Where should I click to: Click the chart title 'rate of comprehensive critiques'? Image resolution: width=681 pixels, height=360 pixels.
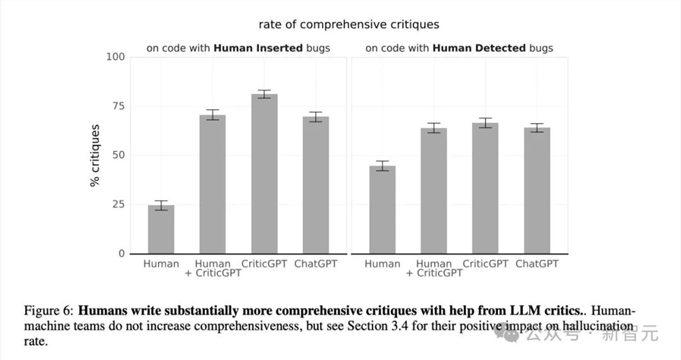pos(349,24)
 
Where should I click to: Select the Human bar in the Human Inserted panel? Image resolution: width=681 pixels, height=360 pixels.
pos(161,229)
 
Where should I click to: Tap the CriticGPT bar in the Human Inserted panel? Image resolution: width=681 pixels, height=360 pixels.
pos(264,174)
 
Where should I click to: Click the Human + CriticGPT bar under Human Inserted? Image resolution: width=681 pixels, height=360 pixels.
pos(212,184)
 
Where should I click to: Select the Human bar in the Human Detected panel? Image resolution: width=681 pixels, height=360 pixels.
pos(382,210)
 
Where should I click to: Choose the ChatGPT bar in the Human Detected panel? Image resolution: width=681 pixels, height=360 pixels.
pos(537,191)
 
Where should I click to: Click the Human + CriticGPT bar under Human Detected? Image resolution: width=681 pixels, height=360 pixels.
pos(434,191)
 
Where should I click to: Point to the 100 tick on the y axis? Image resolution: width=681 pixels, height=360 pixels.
pos(116,56)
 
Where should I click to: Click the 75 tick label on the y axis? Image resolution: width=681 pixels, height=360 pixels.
pos(118,106)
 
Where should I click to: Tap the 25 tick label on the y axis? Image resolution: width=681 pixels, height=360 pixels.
pos(118,204)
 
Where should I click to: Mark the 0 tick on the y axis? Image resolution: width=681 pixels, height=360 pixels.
pos(122,254)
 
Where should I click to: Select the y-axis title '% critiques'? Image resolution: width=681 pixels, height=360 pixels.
pos(95,155)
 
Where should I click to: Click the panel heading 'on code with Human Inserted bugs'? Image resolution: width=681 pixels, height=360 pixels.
pos(238,48)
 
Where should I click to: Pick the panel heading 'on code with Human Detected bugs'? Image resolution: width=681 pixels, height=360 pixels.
pos(459,48)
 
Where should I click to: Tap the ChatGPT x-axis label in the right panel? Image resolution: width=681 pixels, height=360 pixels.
pos(537,263)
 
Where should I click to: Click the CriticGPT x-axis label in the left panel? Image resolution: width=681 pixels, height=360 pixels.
pos(264,263)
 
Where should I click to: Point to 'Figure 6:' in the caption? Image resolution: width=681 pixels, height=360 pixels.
pos(48,310)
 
